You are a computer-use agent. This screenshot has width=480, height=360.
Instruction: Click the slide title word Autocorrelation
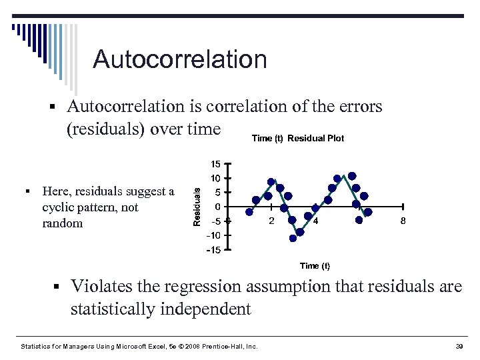tap(180, 59)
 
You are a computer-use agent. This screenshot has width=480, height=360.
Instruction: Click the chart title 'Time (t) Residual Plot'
tap(298, 138)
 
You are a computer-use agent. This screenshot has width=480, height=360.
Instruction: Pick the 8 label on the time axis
tap(403, 221)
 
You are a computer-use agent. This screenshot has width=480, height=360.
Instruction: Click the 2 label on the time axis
tap(271, 221)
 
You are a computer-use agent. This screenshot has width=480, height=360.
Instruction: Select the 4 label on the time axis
tap(315, 221)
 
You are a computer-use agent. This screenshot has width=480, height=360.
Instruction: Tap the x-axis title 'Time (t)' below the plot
tap(315, 266)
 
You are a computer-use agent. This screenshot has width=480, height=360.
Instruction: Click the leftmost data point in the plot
tap(249, 211)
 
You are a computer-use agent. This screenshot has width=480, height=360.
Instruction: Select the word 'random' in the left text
tap(62, 223)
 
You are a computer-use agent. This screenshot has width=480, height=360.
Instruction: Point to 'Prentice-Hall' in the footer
tap(225, 347)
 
